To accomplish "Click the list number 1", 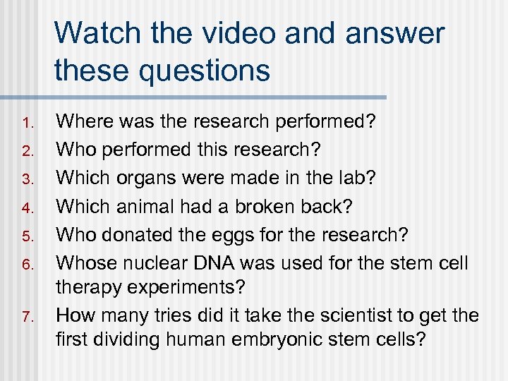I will [26, 123].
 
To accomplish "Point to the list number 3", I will [26, 179].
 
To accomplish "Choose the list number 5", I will [26, 236].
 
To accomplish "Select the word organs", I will [145, 178].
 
